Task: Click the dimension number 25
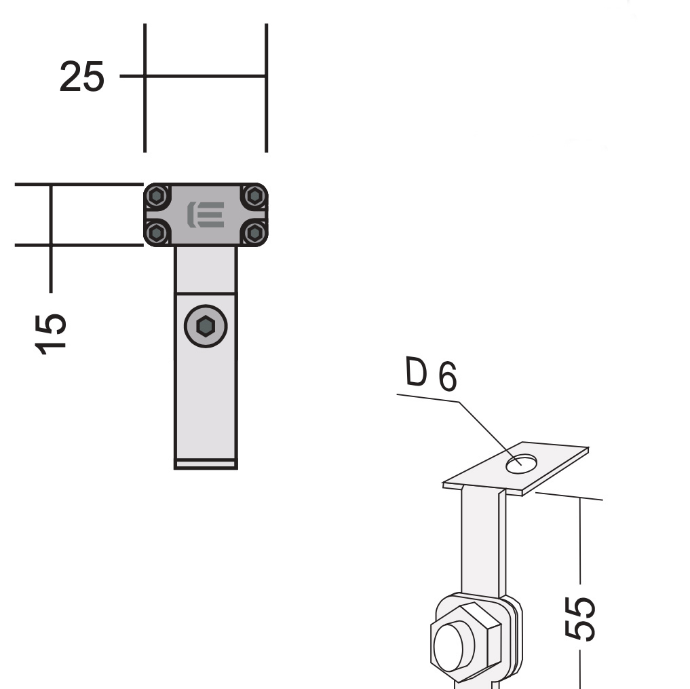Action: (x=82, y=77)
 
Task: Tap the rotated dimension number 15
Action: (x=51, y=334)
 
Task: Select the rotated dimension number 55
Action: (x=579, y=618)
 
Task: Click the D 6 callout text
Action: (x=431, y=374)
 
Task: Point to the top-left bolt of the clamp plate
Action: (x=157, y=195)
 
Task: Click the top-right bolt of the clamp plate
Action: (x=255, y=195)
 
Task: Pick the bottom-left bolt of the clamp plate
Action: (x=157, y=233)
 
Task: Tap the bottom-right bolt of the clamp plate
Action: (x=255, y=233)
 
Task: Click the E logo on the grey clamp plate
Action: (x=206, y=215)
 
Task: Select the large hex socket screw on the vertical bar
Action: (x=206, y=327)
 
